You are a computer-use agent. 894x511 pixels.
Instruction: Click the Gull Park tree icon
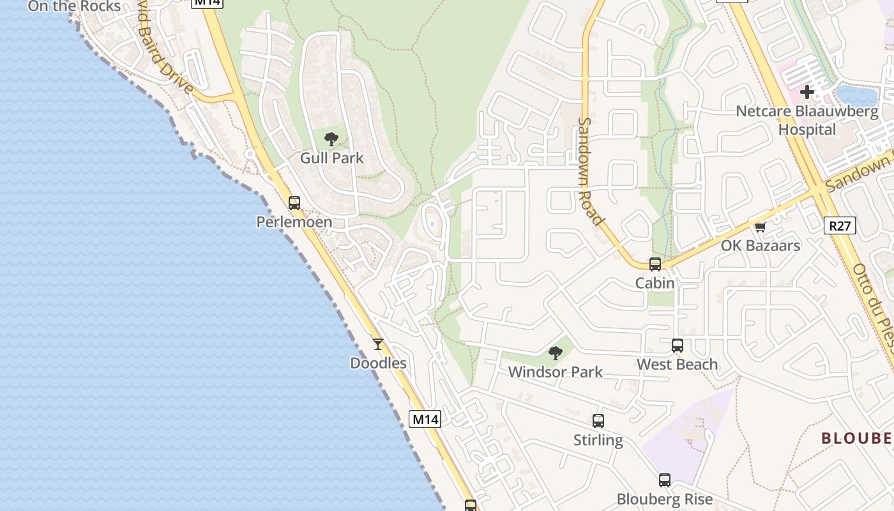(x=331, y=139)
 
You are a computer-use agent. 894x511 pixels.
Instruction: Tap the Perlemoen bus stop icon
(x=294, y=203)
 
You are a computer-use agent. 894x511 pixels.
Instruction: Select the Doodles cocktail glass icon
(x=378, y=344)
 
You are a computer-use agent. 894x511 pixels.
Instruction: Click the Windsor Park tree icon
(x=556, y=353)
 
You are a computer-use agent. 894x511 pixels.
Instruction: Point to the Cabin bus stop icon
(x=655, y=264)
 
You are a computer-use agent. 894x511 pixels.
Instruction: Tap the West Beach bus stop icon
(x=678, y=346)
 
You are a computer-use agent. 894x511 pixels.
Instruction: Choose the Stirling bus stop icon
(x=598, y=421)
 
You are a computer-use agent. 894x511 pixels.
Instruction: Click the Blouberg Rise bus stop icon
(x=665, y=480)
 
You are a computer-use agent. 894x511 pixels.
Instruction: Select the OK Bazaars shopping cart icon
(x=760, y=227)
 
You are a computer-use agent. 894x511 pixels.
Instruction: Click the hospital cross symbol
(x=807, y=92)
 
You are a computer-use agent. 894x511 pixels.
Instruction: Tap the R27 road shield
(x=840, y=225)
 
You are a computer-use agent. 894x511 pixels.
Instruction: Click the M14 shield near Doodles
(x=425, y=419)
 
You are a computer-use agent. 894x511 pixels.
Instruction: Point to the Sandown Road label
(x=590, y=171)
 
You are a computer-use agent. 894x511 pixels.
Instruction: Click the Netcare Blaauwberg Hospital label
(x=807, y=120)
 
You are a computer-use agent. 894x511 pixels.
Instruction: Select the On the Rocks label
(x=74, y=6)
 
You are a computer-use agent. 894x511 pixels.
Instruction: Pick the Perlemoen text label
(x=294, y=222)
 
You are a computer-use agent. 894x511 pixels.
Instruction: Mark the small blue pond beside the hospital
(x=856, y=96)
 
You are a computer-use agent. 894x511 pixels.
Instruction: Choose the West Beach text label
(x=678, y=364)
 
